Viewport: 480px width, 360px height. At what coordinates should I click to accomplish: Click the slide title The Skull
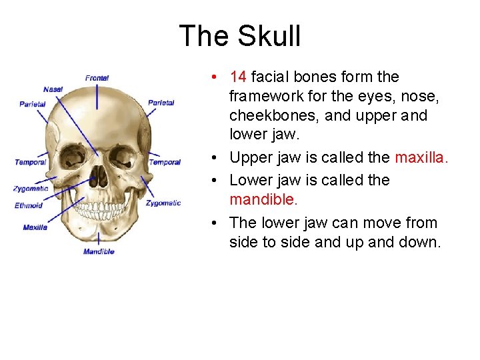point(240,36)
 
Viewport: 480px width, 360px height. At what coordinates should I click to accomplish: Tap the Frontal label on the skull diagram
point(97,79)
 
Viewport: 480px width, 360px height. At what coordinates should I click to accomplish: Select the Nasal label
point(53,89)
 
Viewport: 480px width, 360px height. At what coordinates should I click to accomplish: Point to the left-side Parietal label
point(32,104)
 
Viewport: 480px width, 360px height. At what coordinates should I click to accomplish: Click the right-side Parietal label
point(161,103)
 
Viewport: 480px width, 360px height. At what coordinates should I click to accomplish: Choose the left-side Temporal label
point(31,162)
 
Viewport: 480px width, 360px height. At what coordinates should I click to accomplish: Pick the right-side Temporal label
point(165,162)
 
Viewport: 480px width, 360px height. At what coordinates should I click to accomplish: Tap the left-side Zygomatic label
point(31,189)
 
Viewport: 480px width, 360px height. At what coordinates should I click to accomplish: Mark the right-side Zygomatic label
point(163,203)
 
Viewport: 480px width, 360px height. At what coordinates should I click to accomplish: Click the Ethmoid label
point(29,205)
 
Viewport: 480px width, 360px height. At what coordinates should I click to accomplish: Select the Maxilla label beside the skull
point(35,227)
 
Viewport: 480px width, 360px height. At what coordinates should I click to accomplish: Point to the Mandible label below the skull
point(99,251)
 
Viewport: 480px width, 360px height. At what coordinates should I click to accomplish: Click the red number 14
point(238,77)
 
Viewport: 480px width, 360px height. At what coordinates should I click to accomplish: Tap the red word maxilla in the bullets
point(421,158)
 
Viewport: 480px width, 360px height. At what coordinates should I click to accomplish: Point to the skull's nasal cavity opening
point(99,176)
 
